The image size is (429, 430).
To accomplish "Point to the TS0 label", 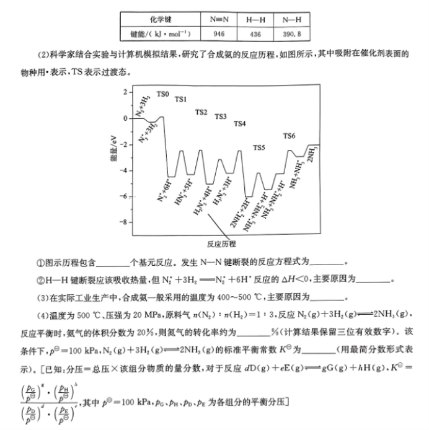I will pyautogui.click(x=162, y=94).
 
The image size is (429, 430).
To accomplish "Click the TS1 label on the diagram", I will pyautogui.click(x=181, y=99).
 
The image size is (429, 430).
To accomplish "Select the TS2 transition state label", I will pyautogui.click(x=201, y=112).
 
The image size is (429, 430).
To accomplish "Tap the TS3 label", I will pyautogui.click(x=221, y=116).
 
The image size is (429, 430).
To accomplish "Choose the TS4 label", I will pyautogui.click(x=239, y=124).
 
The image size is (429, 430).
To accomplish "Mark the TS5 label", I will pyautogui.click(x=259, y=147).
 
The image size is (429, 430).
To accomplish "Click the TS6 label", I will pyautogui.click(x=290, y=136).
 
